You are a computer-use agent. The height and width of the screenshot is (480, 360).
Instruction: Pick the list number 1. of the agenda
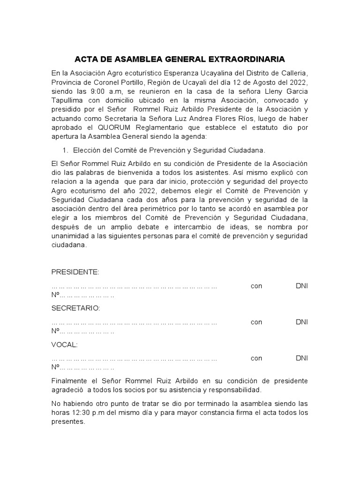(x=65, y=150)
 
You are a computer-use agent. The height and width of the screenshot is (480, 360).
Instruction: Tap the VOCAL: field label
(x=64, y=345)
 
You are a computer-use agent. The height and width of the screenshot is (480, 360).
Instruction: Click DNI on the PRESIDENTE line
(x=301, y=286)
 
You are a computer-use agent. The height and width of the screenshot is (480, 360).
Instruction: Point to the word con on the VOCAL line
(x=256, y=358)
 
